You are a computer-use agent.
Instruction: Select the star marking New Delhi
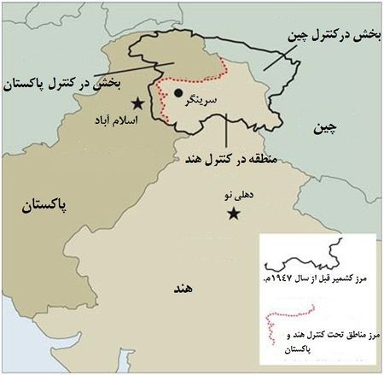(232, 214)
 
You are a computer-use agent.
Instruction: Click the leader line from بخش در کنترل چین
(282, 56)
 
